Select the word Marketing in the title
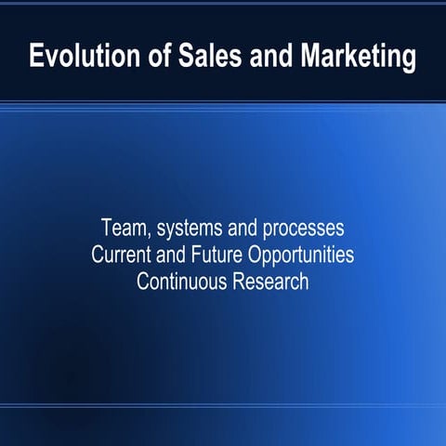click(x=357, y=58)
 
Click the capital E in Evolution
click(x=37, y=57)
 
